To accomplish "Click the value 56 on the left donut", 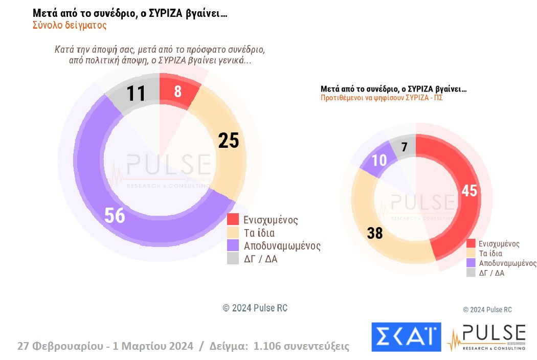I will [115, 215].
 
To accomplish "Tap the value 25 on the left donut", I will [228, 140].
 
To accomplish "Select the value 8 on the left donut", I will [177, 92].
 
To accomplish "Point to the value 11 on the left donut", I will [136, 94].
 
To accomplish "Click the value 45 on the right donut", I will [468, 190].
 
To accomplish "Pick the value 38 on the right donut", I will [375, 233].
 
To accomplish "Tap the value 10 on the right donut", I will [378, 160].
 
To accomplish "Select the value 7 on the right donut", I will [404, 147].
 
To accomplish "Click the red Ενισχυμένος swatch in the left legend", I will [233, 220].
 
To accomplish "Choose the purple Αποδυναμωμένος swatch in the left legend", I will [233, 245].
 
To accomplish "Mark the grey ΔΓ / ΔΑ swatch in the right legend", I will [471, 273].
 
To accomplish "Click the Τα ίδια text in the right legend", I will [490, 253].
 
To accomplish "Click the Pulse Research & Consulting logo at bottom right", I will [486, 337].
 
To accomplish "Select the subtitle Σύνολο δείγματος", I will [70, 25].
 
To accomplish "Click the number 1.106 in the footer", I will [274, 346].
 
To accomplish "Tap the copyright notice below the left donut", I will [255, 308].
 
